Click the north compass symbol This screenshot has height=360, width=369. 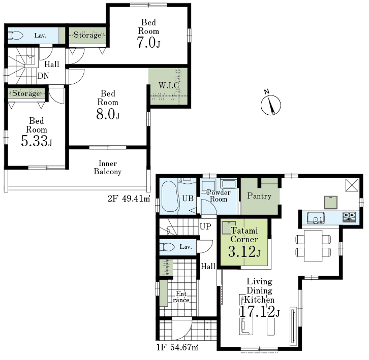270,104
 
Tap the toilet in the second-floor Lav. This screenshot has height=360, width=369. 16,36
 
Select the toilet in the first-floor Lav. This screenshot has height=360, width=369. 167,247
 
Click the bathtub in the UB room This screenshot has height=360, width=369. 170,197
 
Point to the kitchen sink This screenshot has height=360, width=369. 316,218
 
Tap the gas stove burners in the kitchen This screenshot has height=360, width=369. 349,217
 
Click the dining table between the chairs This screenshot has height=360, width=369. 313,246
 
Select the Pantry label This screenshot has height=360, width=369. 259,196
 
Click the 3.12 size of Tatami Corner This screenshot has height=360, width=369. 242,251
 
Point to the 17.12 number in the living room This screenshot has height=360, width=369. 257,312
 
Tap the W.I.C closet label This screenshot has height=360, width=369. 169,85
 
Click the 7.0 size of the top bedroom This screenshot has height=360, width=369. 146,43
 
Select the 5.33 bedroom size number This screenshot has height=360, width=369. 35,141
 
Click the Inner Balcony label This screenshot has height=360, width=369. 108,168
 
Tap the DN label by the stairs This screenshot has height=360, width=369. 43,76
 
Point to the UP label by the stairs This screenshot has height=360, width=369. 205,226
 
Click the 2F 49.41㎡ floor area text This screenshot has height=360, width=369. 129,199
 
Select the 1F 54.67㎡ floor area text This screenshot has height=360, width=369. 177,347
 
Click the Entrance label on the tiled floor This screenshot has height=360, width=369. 181,297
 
